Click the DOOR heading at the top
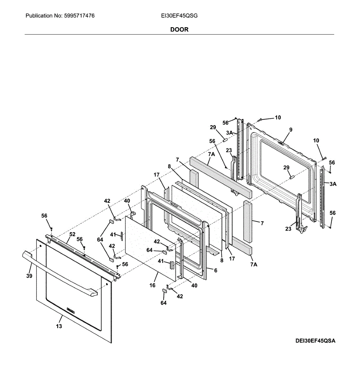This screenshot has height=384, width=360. [x=179, y=29]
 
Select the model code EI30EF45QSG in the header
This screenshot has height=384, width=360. [x=179, y=15]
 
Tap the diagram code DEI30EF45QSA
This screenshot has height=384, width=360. [x=315, y=341]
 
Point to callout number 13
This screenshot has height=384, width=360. [x=59, y=326]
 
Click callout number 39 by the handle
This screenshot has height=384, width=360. [x=29, y=276]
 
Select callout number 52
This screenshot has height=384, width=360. [x=72, y=235]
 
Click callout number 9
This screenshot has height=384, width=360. [x=290, y=130]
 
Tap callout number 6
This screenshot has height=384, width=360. [x=216, y=270]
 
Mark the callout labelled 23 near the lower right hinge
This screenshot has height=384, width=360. [x=289, y=229]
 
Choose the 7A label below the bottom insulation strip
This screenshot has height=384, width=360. [x=254, y=264]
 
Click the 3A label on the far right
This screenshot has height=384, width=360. [x=333, y=184]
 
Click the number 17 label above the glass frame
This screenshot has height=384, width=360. [x=156, y=175]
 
